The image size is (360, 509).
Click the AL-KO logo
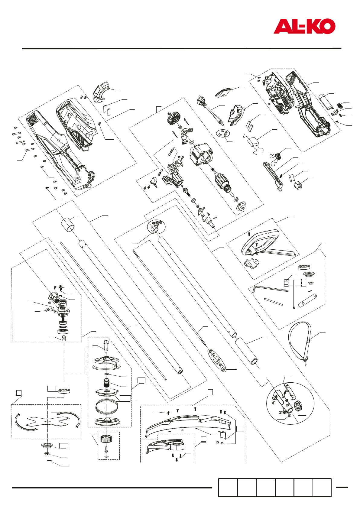point(304,26)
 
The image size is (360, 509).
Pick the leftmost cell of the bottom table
point(228,487)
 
